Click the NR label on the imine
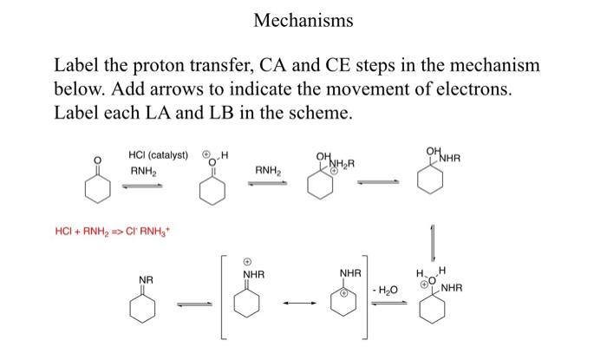(x=147, y=279)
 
